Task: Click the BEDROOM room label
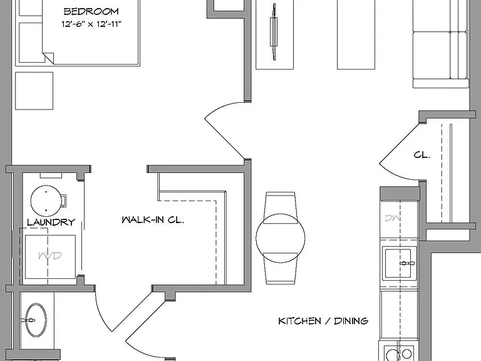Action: coord(91,11)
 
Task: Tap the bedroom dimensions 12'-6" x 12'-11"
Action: coord(91,24)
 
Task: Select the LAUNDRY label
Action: coord(51,222)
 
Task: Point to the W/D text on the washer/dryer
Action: coord(49,256)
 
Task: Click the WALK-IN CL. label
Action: coord(153,220)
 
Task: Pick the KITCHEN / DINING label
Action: coord(323,321)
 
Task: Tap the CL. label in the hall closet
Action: coord(422,155)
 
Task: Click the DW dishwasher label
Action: coord(392,218)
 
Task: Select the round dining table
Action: coord(281,238)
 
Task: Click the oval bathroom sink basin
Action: coord(36,320)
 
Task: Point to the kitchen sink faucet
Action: coord(407,263)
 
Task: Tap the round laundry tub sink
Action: coord(46,201)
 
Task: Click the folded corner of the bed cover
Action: coord(48,58)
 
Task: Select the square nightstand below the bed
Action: coord(34,91)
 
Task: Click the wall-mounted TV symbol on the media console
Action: coord(273,32)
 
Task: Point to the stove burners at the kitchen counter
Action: coord(398,353)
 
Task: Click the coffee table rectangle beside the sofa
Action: coord(356,34)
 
